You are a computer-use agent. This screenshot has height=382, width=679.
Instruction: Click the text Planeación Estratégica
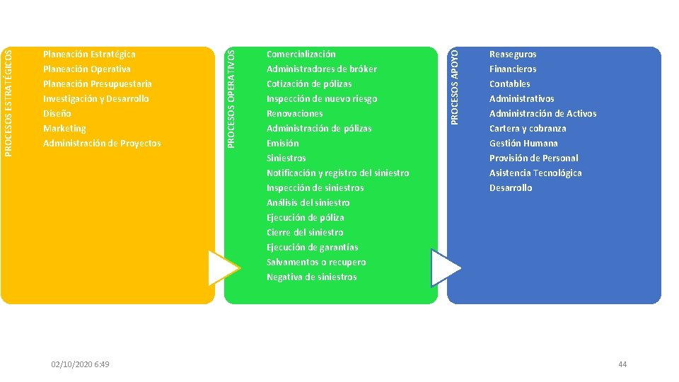[x=89, y=54]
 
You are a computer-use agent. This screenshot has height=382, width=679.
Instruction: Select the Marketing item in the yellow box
[x=64, y=128]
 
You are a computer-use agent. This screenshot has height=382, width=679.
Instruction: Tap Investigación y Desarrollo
[x=96, y=98]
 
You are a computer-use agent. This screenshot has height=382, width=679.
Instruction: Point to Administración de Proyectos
[x=102, y=143]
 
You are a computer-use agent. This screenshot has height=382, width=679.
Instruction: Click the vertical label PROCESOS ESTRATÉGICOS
[x=8, y=97]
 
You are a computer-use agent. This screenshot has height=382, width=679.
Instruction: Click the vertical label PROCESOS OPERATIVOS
[x=231, y=97]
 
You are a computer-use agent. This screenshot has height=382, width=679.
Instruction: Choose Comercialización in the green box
[x=301, y=54]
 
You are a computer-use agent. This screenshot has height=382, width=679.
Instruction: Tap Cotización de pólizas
[x=309, y=83]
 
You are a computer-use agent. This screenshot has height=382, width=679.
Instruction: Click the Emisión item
[x=283, y=143]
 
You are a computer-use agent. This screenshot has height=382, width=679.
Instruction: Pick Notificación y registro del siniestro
[x=337, y=173]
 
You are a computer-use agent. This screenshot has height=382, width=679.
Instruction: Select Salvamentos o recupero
[x=316, y=262]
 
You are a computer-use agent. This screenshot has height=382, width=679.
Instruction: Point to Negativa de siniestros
[x=311, y=277]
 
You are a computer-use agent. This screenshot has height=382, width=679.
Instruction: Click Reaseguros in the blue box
[x=513, y=54]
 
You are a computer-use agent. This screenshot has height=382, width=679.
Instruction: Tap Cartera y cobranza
[x=528, y=128]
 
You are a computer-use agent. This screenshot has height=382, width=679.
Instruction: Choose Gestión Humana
[x=523, y=143]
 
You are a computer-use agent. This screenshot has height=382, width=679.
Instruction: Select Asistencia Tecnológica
[x=535, y=173]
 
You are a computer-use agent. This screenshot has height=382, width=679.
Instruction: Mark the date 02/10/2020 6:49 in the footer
[x=80, y=364]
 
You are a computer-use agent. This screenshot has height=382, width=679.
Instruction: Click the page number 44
[x=622, y=364]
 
